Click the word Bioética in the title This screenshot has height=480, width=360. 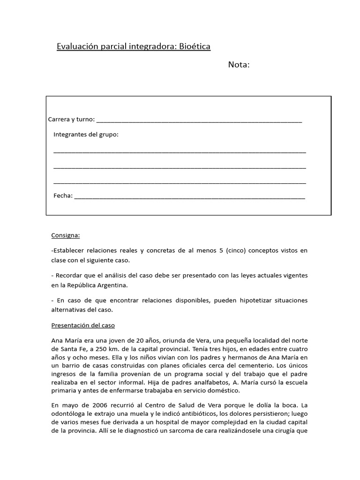(x=195, y=46)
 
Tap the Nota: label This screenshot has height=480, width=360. (x=239, y=65)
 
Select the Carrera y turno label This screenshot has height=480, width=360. (x=71, y=120)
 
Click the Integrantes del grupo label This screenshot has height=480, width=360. (x=86, y=135)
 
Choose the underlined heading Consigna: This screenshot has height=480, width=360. (x=65, y=235)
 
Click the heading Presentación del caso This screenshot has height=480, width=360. (x=83, y=325)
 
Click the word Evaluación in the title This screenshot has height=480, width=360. (x=78, y=46)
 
